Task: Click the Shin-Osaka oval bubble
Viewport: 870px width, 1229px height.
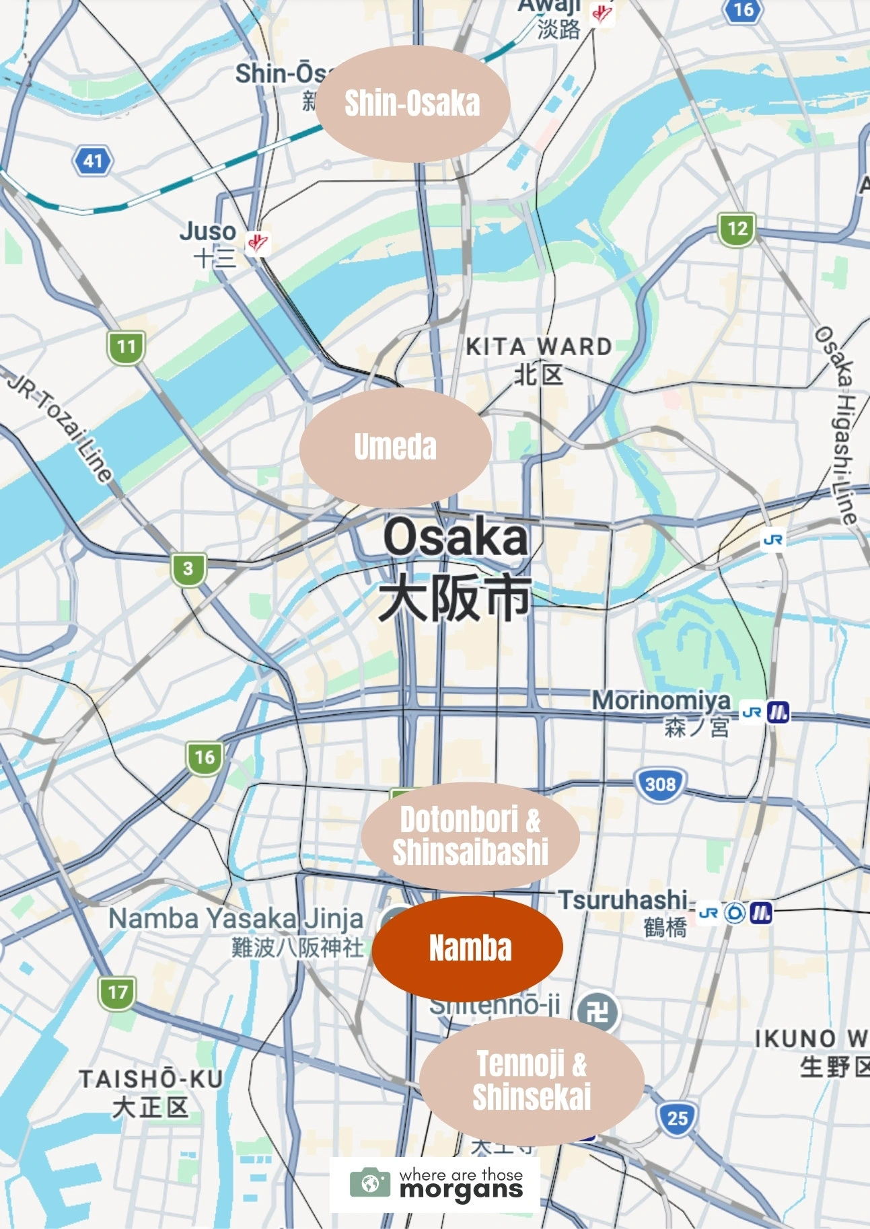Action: pyautogui.click(x=412, y=104)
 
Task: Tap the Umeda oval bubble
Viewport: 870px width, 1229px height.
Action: pyautogui.click(x=396, y=447)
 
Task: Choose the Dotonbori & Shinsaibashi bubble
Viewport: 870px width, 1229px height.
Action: pyautogui.click(x=470, y=836)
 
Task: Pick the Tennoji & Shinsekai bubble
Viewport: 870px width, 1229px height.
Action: pyautogui.click(x=532, y=1080)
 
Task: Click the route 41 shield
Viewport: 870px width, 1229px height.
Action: pyautogui.click(x=93, y=161)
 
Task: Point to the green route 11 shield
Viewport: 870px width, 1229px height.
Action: pyautogui.click(x=126, y=347)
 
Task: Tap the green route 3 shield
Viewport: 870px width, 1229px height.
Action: pyautogui.click(x=188, y=568)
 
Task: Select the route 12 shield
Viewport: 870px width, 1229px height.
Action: pyautogui.click(x=737, y=229)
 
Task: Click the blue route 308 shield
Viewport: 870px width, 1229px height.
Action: pyautogui.click(x=660, y=784)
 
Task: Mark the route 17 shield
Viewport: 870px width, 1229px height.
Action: pyautogui.click(x=117, y=992)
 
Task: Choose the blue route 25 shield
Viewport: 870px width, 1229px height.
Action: pyautogui.click(x=677, y=1118)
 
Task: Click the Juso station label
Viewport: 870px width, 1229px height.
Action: pyautogui.click(x=208, y=232)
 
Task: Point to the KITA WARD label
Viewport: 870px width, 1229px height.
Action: pyautogui.click(x=539, y=347)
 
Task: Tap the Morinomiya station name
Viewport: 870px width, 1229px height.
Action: pyautogui.click(x=661, y=701)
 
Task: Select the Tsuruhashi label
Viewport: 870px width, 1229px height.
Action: pyautogui.click(x=622, y=900)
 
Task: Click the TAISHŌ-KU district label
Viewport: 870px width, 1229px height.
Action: pyautogui.click(x=151, y=1079)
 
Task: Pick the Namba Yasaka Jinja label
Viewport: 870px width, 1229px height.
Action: pyautogui.click(x=235, y=919)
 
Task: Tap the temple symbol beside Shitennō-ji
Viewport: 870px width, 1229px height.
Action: pyautogui.click(x=598, y=1010)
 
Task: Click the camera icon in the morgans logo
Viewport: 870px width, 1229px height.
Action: pyautogui.click(x=369, y=1183)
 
